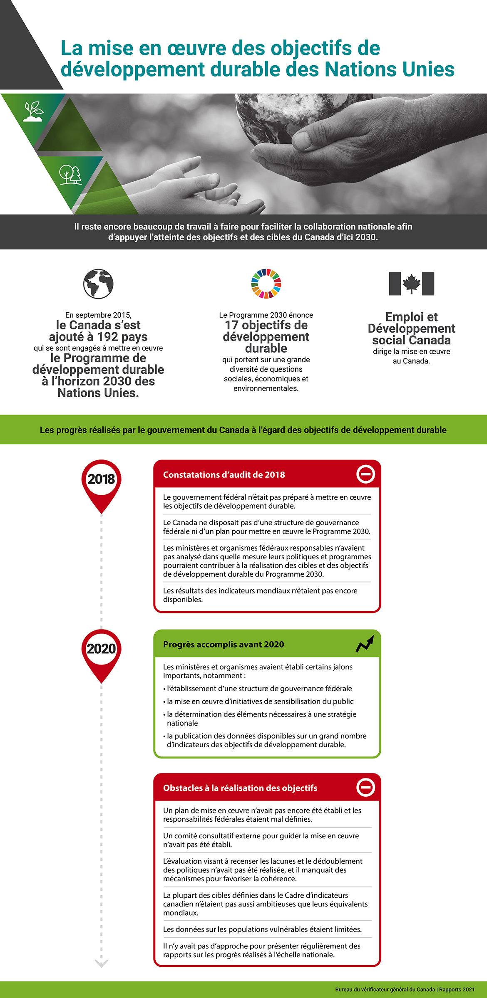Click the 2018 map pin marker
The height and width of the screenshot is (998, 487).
point(101,482)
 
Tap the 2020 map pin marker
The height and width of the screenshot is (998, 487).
point(101,652)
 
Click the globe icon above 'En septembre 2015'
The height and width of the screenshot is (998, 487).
point(98,284)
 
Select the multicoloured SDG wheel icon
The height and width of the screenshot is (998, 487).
point(266,284)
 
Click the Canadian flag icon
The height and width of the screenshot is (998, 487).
point(411,284)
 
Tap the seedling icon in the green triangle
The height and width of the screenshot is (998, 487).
point(33,111)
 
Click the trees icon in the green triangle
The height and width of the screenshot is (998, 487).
point(70,175)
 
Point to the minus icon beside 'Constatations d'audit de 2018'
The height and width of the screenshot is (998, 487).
point(365,474)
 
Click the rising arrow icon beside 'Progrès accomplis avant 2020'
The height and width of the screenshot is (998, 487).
point(365,644)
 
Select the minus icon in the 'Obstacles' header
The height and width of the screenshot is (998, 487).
point(365,787)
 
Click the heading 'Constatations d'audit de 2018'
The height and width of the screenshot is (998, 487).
point(224,475)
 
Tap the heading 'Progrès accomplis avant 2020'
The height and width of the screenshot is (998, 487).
point(224,645)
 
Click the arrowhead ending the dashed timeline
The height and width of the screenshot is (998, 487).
point(101,963)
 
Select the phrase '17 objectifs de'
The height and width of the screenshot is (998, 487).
point(266,325)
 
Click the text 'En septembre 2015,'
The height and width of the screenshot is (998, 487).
point(98,315)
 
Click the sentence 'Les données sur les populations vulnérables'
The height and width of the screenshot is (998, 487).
point(262,929)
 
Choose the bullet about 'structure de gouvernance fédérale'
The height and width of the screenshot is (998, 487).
point(259,689)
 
